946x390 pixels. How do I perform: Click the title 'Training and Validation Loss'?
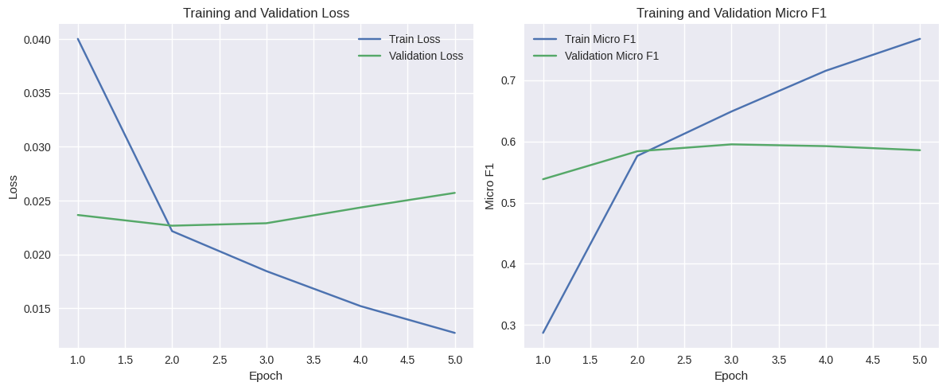click(x=266, y=13)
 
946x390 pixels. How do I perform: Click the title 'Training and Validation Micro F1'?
click(x=731, y=13)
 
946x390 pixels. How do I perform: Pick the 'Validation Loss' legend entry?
click(x=426, y=56)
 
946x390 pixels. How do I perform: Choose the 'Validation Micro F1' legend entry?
click(x=611, y=56)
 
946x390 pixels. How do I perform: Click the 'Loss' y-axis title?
click(x=14, y=187)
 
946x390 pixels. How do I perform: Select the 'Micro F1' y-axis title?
click(x=490, y=187)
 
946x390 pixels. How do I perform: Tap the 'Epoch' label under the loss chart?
click(x=266, y=376)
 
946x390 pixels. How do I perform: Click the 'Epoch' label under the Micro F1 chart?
click(x=731, y=376)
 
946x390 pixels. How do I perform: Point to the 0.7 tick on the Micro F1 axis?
click(x=509, y=80)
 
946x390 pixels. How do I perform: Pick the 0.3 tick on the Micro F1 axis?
click(x=509, y=326)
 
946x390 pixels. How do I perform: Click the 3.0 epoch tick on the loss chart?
click(x=266, y=360)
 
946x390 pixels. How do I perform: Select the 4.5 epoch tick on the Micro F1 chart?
click(x=873, y=360)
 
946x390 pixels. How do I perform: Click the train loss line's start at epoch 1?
click(x=78, y=39)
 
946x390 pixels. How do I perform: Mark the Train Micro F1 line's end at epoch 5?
click(x=920, y=39)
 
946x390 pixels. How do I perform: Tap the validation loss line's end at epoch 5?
click(x=455, y=193)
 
